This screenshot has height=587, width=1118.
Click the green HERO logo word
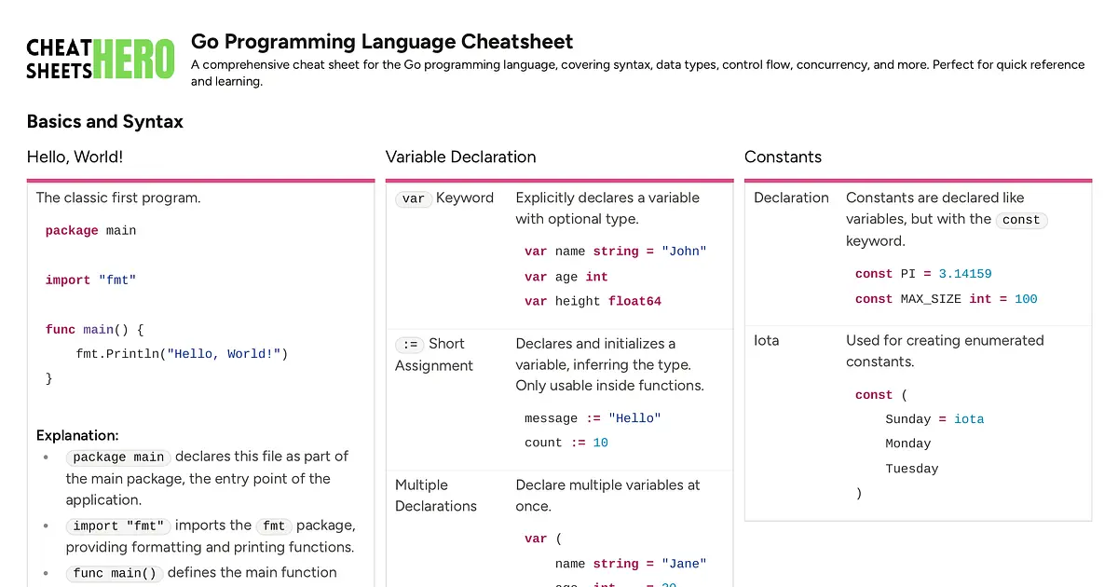click(x=134, y=59)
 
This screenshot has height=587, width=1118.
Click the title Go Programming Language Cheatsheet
click(x=382, y=41)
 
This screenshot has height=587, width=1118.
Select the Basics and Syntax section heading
click(x=104, y=121)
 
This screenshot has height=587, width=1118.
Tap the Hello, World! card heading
click(x=75, y=157)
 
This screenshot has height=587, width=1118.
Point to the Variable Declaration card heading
click(x=460, y=157)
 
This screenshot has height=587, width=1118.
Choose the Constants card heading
click(x=783, y=157)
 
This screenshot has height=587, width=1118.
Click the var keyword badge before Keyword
click(x=414, y=198)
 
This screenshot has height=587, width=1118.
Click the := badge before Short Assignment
click(x=410, y=344)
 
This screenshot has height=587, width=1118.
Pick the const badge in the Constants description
click(x=1021, y=220)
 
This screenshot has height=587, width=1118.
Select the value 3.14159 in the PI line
click(x=964, y=274)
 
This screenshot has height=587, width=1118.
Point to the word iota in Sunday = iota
click(x=969, y=419)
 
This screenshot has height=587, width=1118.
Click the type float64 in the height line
click(x=634, y=301)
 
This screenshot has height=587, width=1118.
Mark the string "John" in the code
click(x=684, y=251)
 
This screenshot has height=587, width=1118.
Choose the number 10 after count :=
click(x=600, y=443)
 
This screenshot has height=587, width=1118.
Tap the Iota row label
click(x=766, y=340)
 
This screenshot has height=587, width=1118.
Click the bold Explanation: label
click(x=77, y=435)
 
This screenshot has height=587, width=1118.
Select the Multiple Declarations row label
click(x=435, y=495)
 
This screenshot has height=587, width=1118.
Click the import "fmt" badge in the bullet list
click(x=117, y=526)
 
